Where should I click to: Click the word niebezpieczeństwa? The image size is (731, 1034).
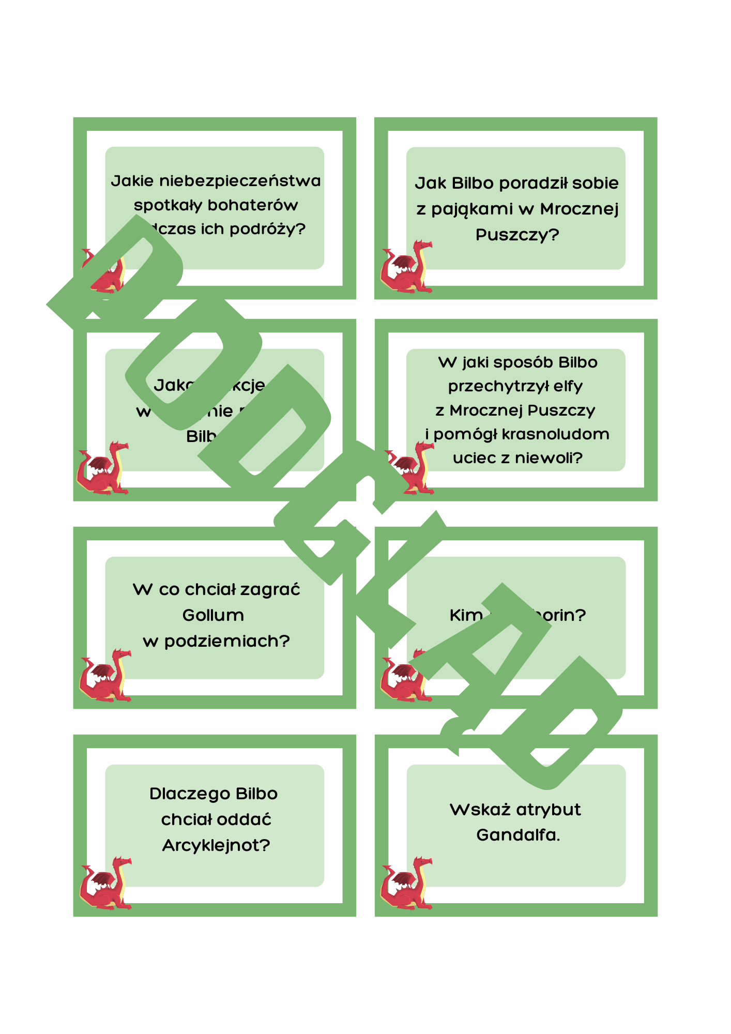coord(239,181)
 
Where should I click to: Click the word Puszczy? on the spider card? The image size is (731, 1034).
coord(517,235)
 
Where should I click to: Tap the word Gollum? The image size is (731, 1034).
coord(213,615)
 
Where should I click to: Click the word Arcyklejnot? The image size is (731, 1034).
coord(216,845)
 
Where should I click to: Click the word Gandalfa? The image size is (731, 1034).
coord(517,835)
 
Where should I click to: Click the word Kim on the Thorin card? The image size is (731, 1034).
coord(466,615)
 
